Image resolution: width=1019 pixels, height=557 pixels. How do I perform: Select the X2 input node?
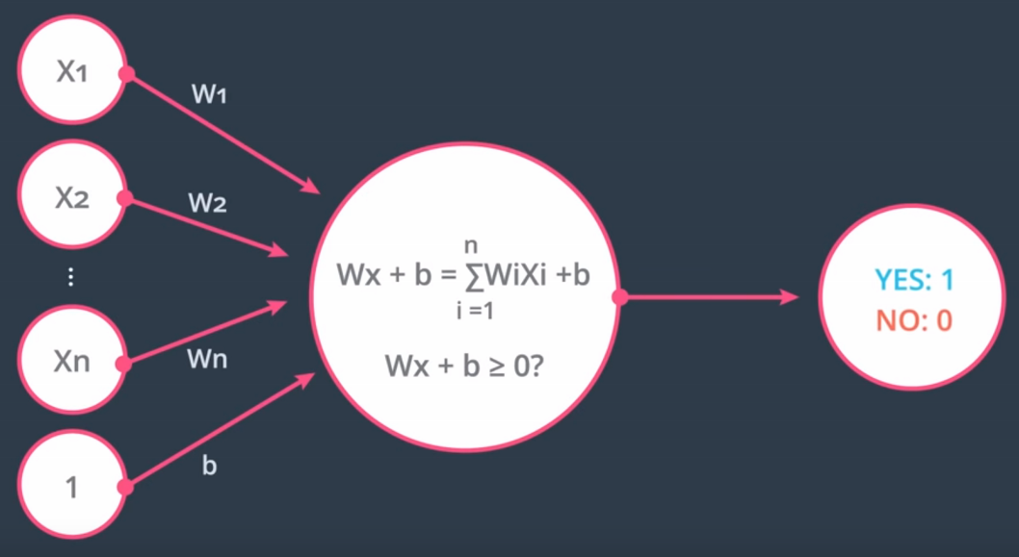point(70,198)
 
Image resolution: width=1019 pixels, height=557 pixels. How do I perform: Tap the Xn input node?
point(70,364)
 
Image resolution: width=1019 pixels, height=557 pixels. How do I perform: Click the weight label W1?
point(209,96)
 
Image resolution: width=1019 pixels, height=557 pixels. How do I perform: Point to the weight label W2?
point(207,204)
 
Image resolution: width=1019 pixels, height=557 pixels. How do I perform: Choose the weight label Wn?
point(209,361)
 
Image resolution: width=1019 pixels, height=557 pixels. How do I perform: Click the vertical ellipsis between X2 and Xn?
point(70,279)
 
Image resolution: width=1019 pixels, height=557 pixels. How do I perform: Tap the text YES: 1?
point(914,280)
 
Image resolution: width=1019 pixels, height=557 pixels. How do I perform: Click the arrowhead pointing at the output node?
point(790,297)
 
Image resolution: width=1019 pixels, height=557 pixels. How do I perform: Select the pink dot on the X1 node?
point(125,74)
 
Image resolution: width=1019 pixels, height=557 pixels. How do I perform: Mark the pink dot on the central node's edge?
point(619,297)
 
